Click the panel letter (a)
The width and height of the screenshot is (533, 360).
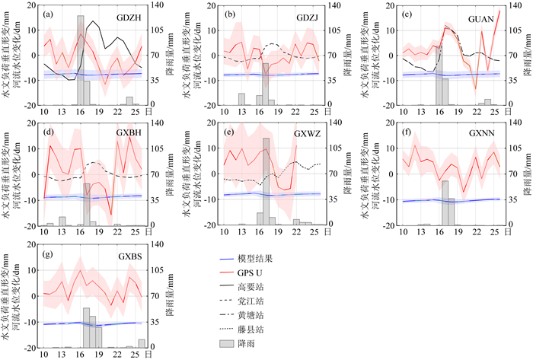tap(49, 14)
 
